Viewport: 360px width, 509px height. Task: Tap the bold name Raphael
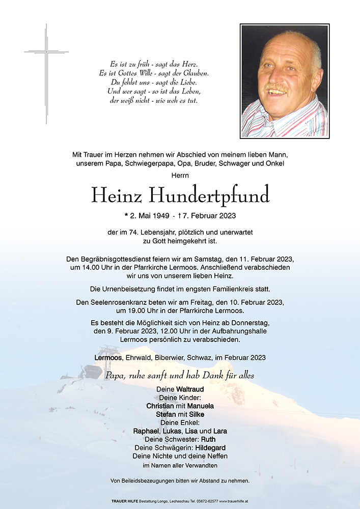[x=147, y=431]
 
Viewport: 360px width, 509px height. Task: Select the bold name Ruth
[x=208, y=439]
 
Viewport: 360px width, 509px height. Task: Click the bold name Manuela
[x=200, y=406]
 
